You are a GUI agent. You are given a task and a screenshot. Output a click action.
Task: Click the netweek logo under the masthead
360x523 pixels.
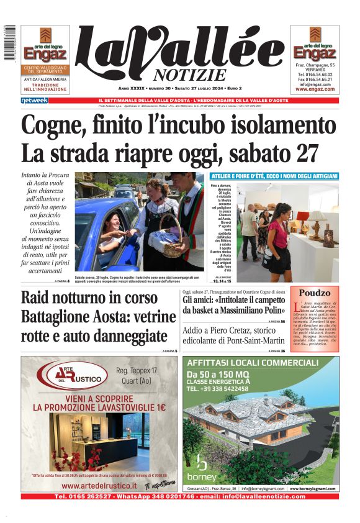click(x=34, y=101)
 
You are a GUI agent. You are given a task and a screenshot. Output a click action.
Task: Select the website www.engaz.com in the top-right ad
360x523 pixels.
click(x=315, y=89)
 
